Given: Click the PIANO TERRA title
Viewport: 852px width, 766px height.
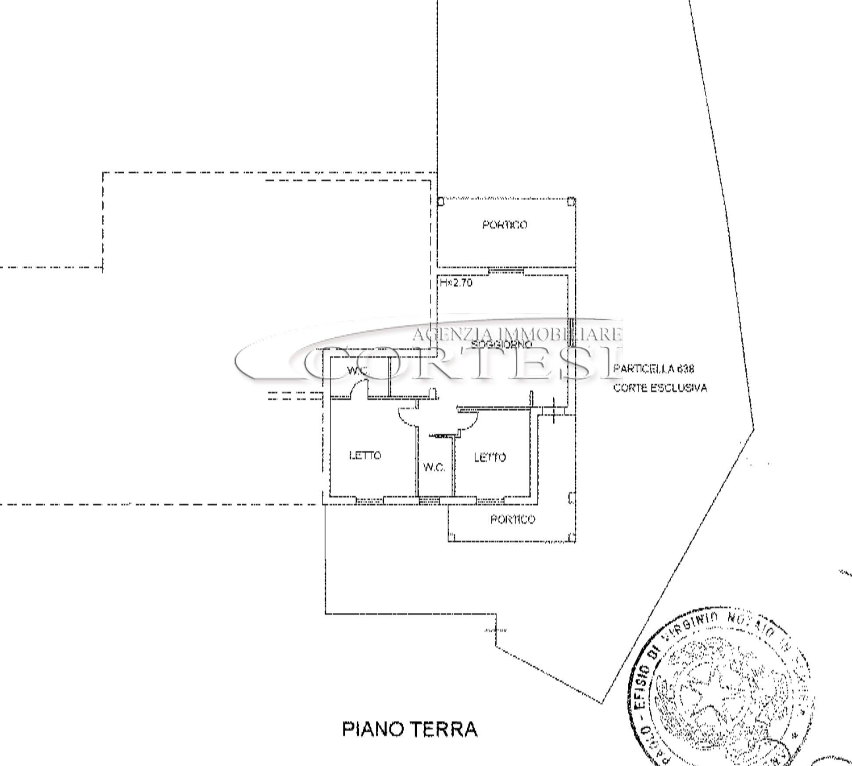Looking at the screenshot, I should [409, 729].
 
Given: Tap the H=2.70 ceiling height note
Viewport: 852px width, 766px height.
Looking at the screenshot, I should [456, 283].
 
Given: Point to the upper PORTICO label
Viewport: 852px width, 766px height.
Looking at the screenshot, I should [505, 225].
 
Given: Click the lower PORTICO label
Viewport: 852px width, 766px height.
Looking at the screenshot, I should [512, 520].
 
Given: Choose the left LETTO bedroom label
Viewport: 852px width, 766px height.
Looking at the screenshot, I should [365, 455].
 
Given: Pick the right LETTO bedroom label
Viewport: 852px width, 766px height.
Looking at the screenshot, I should [490, 458].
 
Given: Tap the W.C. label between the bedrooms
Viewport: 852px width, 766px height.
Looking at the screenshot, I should [434, 467].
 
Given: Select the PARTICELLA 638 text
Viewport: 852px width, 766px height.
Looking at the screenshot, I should [654, 369].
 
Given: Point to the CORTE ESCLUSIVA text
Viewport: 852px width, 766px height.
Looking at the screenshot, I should [660, 388].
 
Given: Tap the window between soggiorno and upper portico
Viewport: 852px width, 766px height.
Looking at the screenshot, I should [506, 271].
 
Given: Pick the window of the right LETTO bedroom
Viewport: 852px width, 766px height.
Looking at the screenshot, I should [490, 499].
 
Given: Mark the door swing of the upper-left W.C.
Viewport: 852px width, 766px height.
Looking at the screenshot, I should [358, 389].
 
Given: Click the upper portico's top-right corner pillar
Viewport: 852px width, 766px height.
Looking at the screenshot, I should [571, 202].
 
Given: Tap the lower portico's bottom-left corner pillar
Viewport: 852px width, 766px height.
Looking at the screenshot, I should [452, 537].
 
